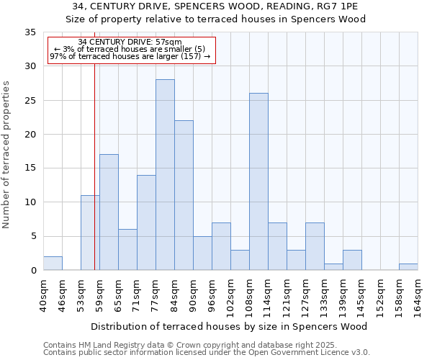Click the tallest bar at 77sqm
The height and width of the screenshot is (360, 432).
point(165,175)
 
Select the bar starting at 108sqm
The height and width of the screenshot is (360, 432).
point(258,181)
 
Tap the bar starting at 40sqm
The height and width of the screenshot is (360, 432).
point(53,264)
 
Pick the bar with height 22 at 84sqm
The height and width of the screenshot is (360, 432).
point(184,195)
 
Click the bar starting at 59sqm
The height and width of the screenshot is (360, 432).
point(109,212)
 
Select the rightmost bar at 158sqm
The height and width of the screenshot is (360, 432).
point(408,267)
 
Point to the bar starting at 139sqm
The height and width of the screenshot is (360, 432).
point(352,260)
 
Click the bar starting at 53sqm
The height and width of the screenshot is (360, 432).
point(90,233)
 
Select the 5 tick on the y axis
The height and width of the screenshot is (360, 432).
point(33,237)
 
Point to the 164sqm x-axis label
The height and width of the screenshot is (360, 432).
point(418,296)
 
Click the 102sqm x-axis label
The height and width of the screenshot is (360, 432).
point(231,296)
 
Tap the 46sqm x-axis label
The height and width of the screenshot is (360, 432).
point(63,296)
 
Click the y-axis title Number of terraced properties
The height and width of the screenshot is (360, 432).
point(6,154)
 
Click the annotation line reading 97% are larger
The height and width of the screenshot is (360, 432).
point(130,56)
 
